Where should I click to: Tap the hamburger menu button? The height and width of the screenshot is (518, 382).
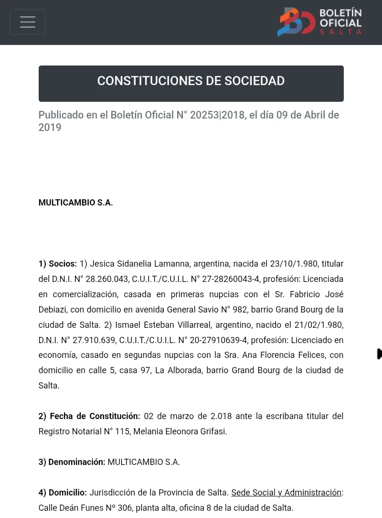(x=28, y=22)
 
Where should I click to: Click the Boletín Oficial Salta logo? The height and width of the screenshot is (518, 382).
(x=319, y=22)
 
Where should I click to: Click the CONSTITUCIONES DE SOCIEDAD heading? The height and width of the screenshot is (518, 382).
(x=191, y=81)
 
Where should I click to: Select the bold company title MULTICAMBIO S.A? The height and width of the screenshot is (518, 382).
(x=75, y=203)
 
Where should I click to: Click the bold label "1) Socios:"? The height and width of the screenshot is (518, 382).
(x=57, y=264)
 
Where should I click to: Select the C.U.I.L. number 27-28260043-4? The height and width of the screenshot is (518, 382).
(x=224, y=279)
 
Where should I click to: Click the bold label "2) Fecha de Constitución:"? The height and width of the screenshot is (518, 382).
(x=89, y=416)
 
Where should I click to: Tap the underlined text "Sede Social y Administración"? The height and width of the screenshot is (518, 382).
(x=286, y=492)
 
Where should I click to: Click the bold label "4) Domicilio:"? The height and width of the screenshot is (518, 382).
(x=63, y=492)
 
